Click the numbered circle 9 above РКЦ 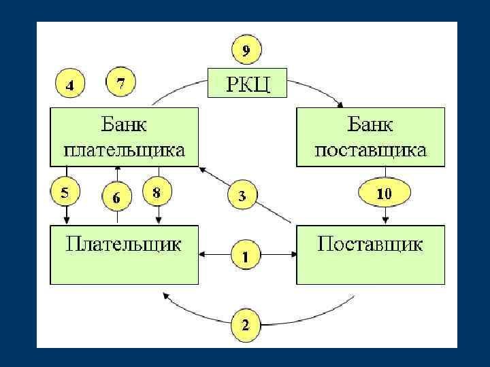[246, 50]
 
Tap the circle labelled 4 [69, 85]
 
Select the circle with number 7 [120, 84]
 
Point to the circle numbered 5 [65, 192]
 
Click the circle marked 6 [116, 198]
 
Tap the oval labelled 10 [385, 193]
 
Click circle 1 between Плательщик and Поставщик [246, 256]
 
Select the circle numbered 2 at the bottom [246, 324]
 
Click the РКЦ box [246, 84]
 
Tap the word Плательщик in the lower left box [123, 244]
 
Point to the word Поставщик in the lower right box [370, 244]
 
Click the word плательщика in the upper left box [123, 150]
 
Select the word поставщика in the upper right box [370, 150]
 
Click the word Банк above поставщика [371, 124]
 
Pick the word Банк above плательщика [124, 124]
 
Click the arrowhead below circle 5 [66, 221]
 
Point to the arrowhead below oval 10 [385, 221]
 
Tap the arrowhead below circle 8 [159, 221]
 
